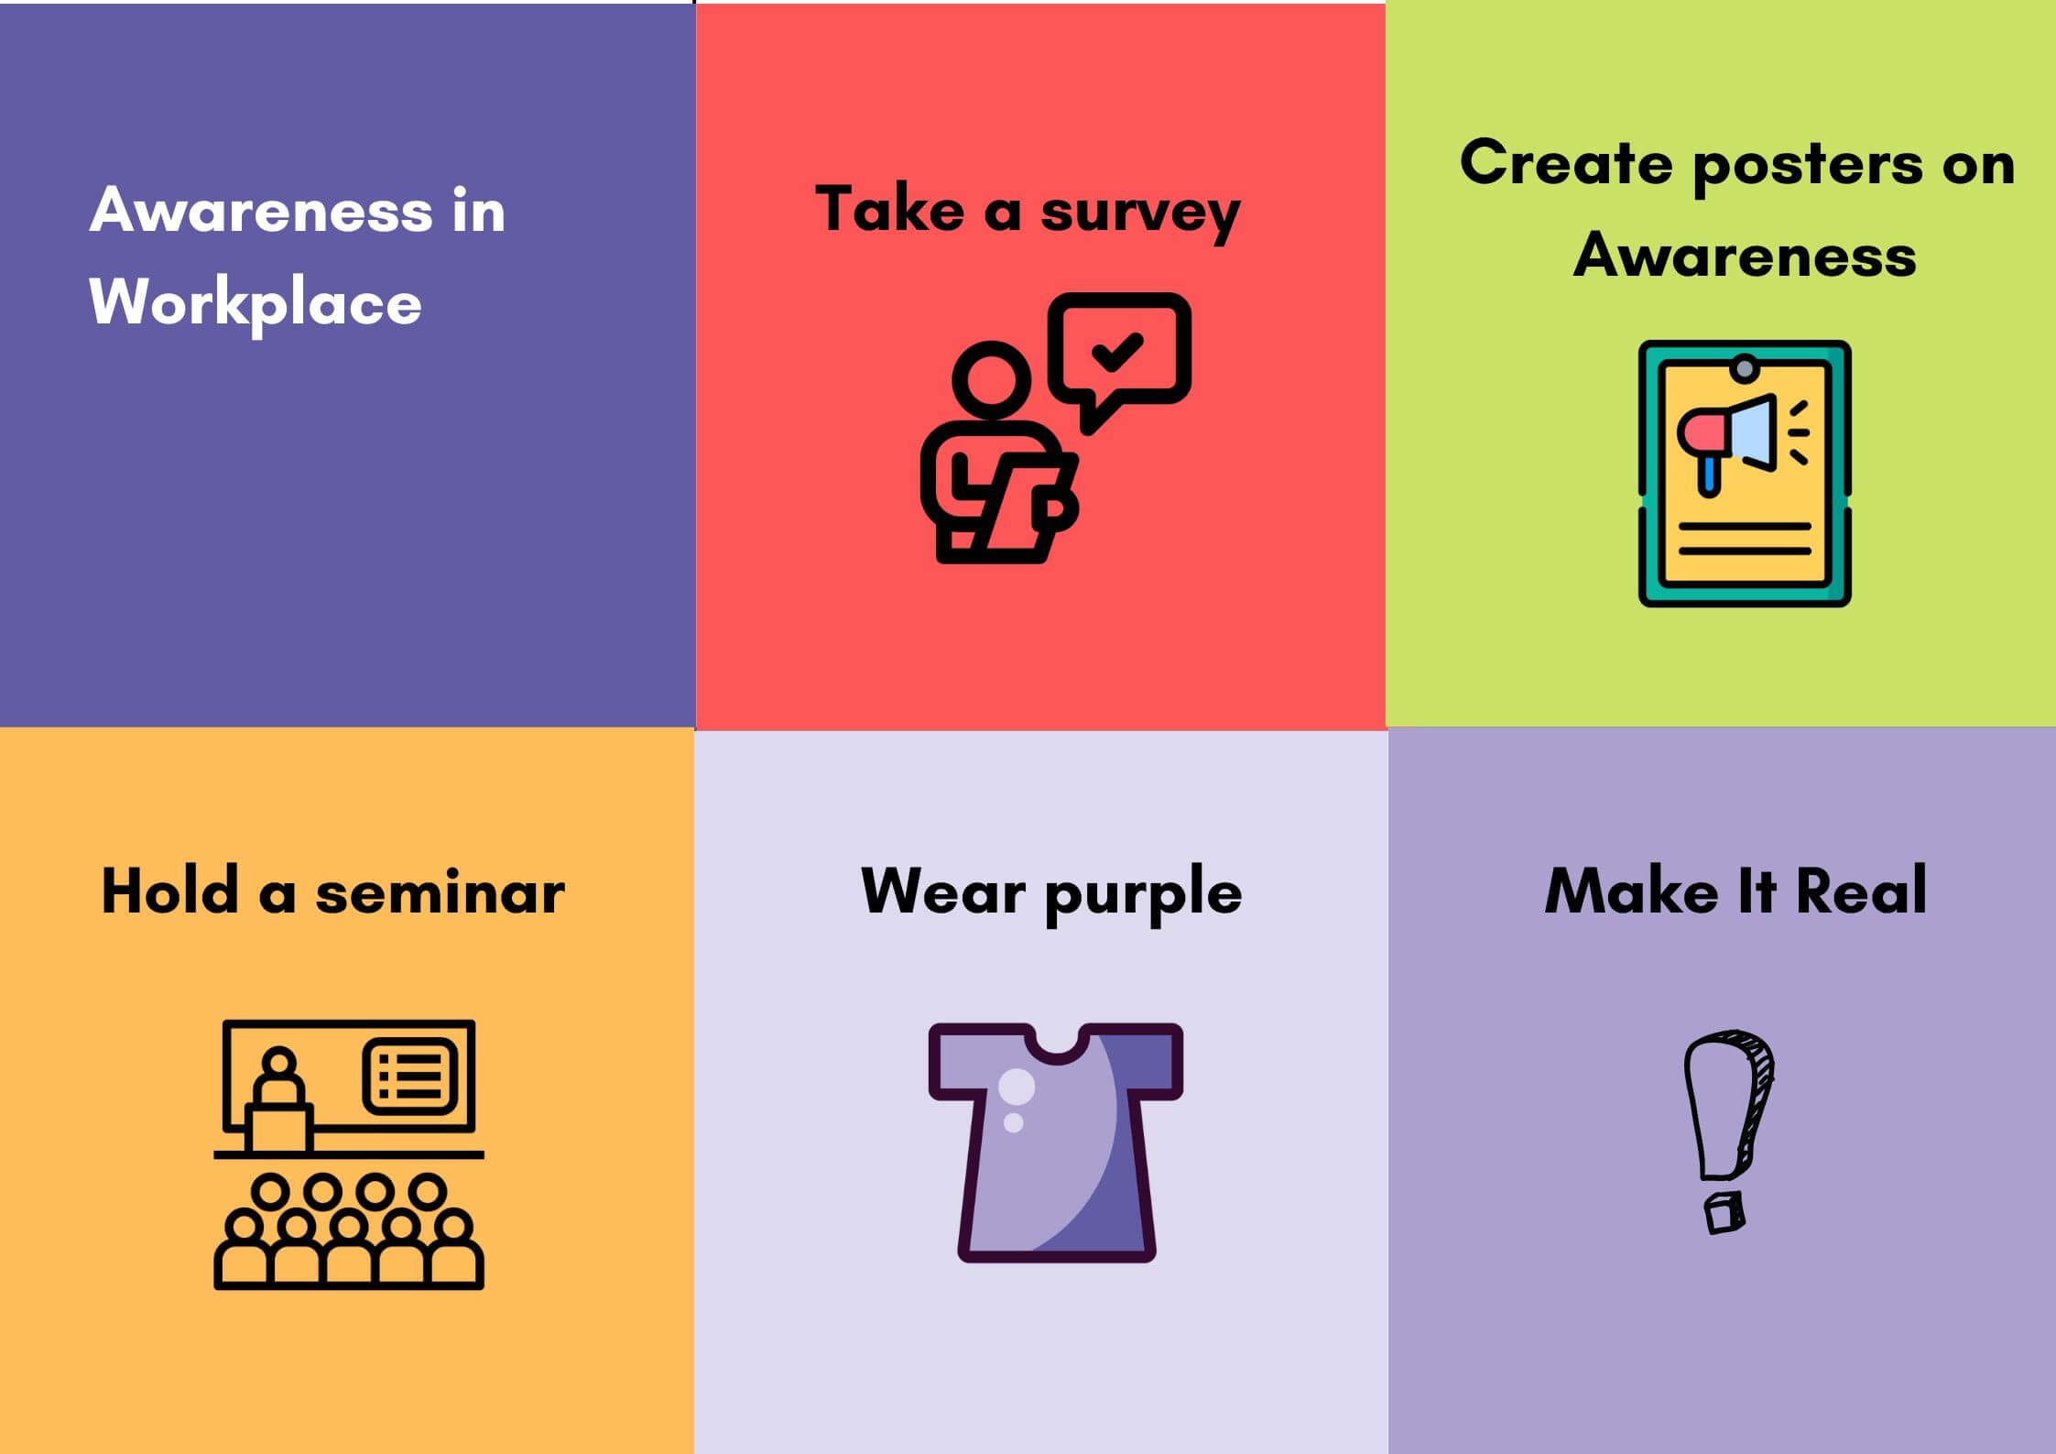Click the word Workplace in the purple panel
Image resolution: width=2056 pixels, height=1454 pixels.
click(256, 303)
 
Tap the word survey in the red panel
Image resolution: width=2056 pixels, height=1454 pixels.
click(1140, 213)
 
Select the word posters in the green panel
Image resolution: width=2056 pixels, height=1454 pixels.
click(1808, 167)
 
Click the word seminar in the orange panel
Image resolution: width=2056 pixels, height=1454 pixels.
click(440, 893)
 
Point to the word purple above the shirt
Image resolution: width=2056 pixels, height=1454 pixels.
click(1143, 893)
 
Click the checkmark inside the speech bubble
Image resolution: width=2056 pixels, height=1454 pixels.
click(1117, 352)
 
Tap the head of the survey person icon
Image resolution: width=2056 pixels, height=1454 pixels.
click(991, 379)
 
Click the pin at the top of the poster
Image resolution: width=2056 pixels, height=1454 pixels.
click(1745, 368)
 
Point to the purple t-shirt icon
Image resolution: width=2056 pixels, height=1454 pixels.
click(1055, 1142)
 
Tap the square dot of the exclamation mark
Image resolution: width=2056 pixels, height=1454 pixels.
click(1724, 1213)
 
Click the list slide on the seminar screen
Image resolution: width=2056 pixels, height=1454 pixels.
click(410, 1076)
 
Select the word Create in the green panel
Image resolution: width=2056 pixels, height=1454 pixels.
click(1566, 163)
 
